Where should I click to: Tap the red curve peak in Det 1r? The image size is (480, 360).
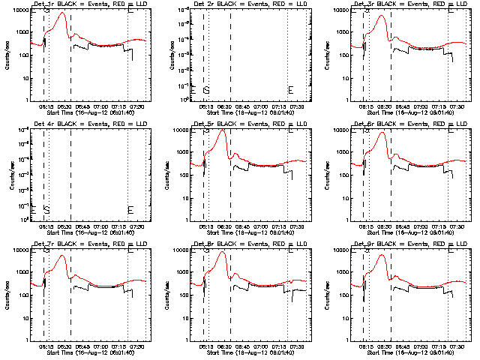63,13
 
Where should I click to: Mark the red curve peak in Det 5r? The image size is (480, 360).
222,131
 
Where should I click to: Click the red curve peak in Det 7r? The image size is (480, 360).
63,256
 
